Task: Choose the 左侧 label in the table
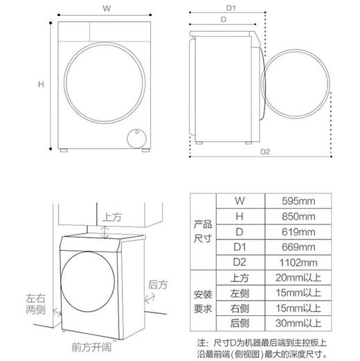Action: coord(239,293)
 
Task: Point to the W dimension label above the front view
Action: coord(105,9)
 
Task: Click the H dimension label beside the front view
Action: coord(41,85)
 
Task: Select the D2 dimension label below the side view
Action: coord(264,152)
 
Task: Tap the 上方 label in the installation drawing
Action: coord(112,217)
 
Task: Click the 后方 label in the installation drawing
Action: coord(157,284)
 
